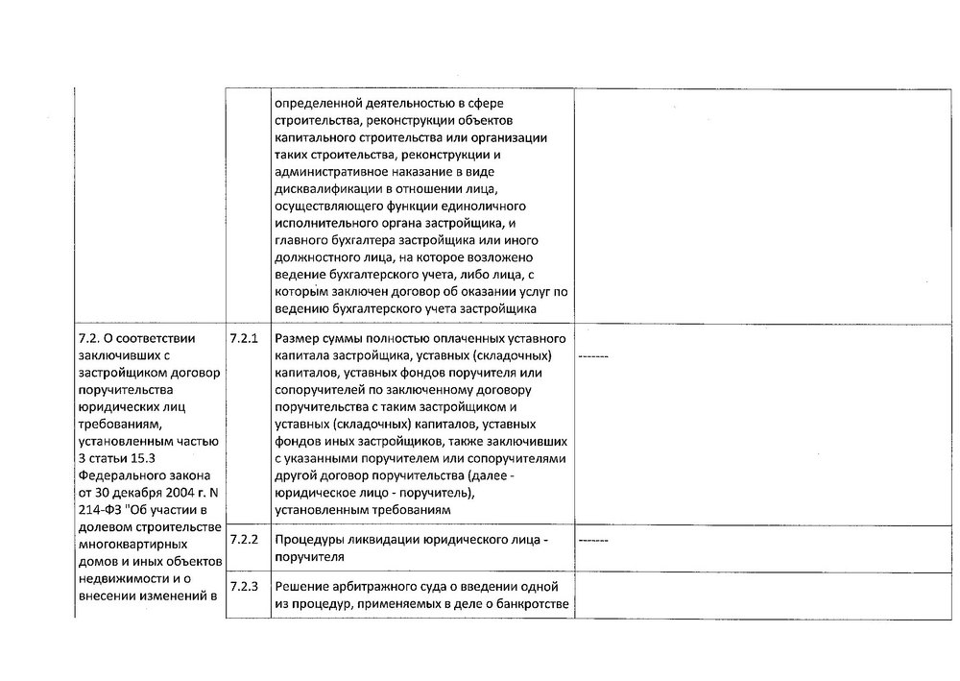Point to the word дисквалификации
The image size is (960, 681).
[x=323, y=189]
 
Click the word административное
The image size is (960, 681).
[x=329, y=172]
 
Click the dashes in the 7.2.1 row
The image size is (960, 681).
[x=594, y=356]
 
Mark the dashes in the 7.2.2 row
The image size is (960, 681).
[x=594, y=540]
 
